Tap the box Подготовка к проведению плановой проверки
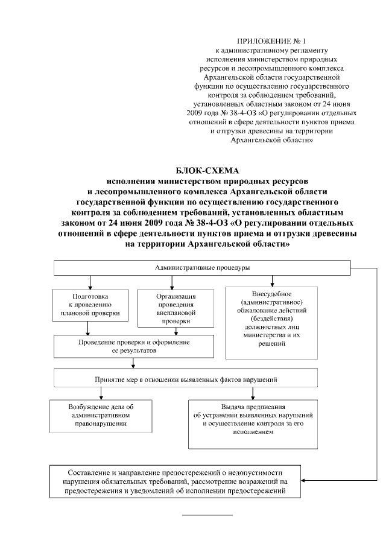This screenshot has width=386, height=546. (90, 305)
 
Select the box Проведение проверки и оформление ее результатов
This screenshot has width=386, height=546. (134, 346)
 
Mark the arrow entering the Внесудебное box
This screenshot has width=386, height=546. (273, 281)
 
